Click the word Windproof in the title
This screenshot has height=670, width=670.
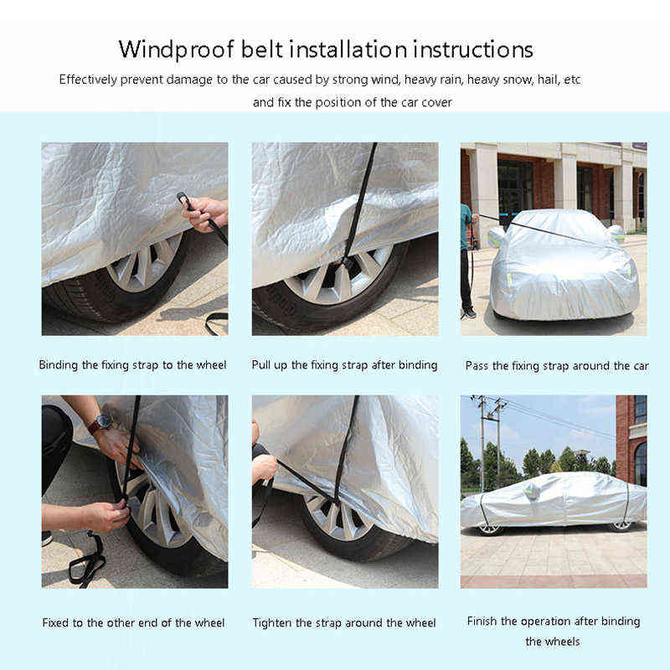pyautogui.click(x=177, y=50)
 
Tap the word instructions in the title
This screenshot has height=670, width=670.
pyautogui.click(x=473, y=49)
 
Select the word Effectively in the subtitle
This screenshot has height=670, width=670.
pyautogui.click(x=88, y=80)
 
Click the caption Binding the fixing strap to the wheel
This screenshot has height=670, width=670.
pyautogui.click(x=132, y=365)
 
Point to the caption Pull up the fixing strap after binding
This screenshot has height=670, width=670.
pyautogui.click(x=344, y=365)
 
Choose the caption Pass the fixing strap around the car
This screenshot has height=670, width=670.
pyautogui.click(x=557, y=366)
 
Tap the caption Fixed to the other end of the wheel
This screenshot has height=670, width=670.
pyautogui.click(x=133, y=623)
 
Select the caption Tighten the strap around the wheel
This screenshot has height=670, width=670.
pyautogui.click(x=344, y=623)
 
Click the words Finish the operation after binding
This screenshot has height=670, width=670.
pyautogui.click(x=554, y=621)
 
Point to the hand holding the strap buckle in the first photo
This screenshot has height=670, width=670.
pyautogui.click(x=205, y=213)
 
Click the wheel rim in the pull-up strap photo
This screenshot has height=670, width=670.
pyautogui.click(x=338, y=274)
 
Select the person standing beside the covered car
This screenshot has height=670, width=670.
pyautogui.click(x=468, y=260)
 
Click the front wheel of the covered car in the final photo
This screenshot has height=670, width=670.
pyautogui.click(x=490, y=529)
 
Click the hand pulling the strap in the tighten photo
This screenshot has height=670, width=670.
pyautogui.click(x=264, y=466)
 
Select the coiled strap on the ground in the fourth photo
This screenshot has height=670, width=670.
pyautogui.click(x=88, y=559)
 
